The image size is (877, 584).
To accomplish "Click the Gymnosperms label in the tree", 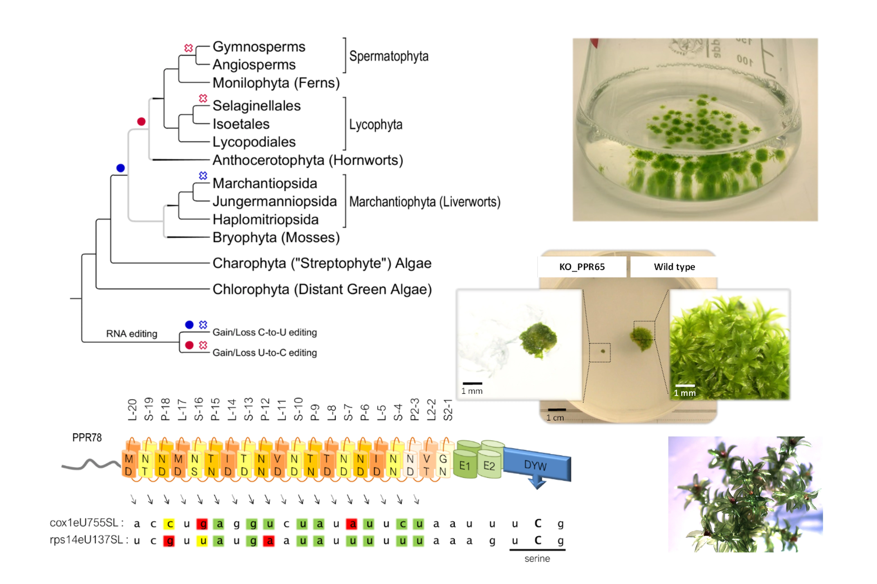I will [259, 47].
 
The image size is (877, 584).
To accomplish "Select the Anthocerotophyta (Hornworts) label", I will [308, 160].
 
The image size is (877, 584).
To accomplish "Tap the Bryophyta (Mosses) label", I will [276, 238].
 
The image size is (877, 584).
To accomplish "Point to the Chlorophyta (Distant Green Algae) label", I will [322, 289].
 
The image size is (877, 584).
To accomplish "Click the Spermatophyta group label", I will [388, 56].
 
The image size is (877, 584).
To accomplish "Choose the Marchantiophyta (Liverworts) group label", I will [424, 202].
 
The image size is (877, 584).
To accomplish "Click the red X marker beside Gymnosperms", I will [189, 48].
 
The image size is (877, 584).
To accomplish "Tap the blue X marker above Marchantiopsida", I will [203, 175].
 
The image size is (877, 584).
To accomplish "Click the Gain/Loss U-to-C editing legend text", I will [264, 353].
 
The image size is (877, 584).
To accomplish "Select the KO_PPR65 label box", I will [582, 267].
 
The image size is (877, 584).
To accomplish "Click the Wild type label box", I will [674, 267].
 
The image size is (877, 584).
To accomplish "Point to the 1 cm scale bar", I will [557, 410].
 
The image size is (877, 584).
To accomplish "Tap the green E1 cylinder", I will [465, 466].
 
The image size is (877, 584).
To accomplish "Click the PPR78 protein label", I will [87, 438].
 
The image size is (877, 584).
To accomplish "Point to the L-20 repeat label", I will [132, 410].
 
